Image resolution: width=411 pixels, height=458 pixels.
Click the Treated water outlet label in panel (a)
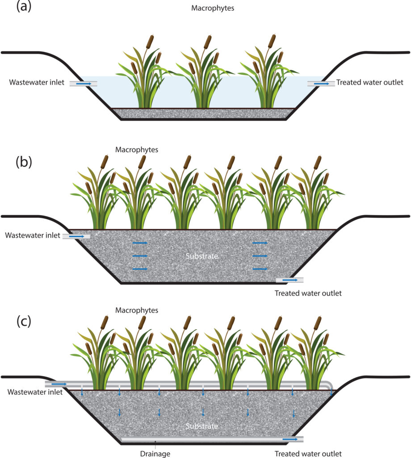[369, 82]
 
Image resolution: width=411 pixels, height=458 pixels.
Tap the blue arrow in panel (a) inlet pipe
[84, 84]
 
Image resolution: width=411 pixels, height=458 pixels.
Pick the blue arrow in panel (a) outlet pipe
[321, 84]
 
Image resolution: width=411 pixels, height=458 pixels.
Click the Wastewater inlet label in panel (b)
[32, 235]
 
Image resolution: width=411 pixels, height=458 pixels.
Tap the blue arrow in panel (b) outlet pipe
[290, 280]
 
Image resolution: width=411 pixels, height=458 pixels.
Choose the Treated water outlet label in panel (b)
[308, 293]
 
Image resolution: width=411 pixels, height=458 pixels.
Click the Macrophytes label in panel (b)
[137, 150]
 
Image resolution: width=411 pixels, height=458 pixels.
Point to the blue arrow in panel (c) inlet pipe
[59, 384]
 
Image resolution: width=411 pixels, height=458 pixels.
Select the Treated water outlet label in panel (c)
[308, 453]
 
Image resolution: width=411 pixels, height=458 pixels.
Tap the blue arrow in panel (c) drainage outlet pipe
[290, 439]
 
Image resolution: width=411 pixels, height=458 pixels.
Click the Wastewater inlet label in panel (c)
[30, 392]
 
